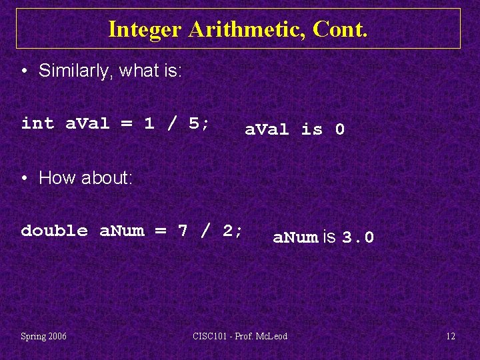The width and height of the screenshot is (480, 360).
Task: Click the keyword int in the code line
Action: [37, 123]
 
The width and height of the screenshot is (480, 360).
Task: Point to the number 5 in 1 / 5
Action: [194, 123]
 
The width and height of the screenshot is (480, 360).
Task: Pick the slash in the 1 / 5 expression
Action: [171, 123]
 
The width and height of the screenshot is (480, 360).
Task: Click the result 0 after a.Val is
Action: [339, 129]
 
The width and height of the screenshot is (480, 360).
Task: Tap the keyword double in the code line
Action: [55, 231]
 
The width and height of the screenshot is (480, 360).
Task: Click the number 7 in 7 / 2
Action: [183, 231]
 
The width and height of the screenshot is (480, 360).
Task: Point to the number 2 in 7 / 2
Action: [227, 231]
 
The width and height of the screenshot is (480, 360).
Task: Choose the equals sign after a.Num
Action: [160, 231]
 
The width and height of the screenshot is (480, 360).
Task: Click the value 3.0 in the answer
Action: [358, 237]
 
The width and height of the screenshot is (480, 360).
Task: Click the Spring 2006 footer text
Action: [43, 336]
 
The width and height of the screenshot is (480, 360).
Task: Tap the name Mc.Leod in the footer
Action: [272, 336]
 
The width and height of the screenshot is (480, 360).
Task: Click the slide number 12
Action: [451, 336]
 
